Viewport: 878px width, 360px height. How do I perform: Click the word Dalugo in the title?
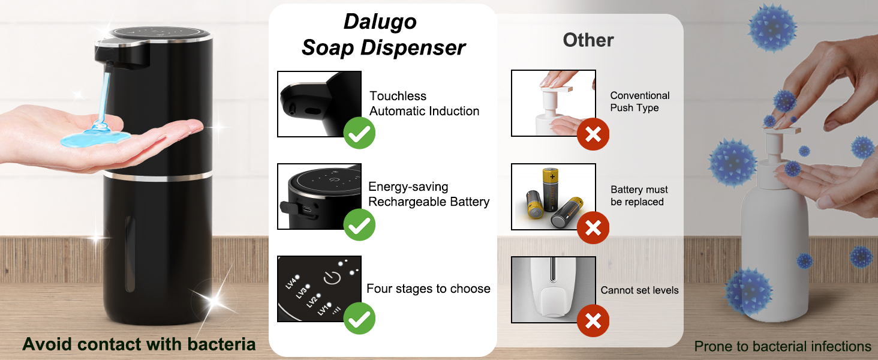(380, 22)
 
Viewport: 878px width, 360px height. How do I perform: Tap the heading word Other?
(588, 40)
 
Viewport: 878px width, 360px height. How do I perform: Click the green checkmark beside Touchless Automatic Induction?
(359, 133)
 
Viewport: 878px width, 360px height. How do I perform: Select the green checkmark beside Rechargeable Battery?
(359, 225)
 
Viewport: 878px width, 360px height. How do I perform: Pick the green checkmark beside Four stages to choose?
(359, 319)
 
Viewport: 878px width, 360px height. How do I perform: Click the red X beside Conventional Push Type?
(593, 134)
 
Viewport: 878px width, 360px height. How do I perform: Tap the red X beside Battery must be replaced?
(593, 228)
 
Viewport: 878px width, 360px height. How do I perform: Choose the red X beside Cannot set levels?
(593, 321)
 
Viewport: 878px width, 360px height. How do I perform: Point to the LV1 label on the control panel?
(323, 310)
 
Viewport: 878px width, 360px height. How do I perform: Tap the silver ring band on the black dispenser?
(158, 176)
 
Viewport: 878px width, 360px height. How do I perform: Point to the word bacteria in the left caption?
(221, 344)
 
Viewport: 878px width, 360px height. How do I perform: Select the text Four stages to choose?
(428, 289)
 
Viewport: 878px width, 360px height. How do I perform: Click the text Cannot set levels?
(640, 290)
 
